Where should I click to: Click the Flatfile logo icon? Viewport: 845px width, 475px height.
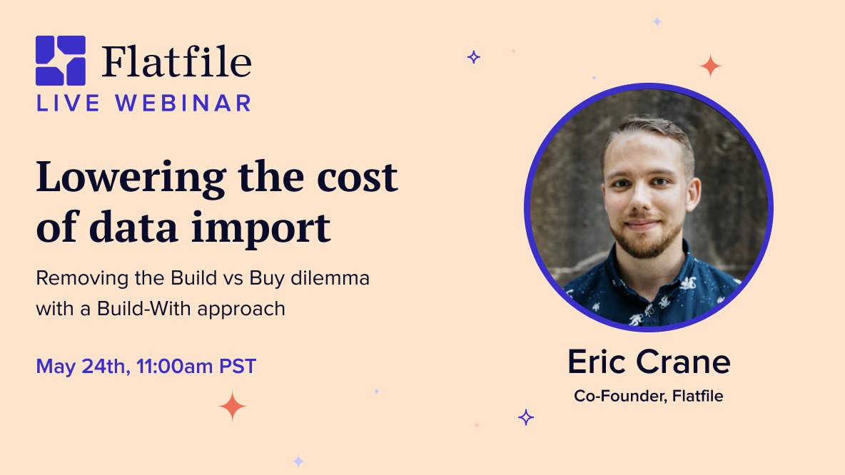click(x=61, y=61)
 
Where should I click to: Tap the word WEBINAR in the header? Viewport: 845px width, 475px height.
click(x=183, y=103)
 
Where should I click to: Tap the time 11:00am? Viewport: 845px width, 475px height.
click(x=169, y=367)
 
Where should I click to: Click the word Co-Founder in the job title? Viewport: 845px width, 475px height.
click(x=617, y=396)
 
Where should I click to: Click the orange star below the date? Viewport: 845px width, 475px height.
click(x=232, y=407)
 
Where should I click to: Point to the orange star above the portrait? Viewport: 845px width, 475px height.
click(x=710, y=66)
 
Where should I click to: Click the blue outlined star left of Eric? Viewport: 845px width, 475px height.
click(x=526, y=417)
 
